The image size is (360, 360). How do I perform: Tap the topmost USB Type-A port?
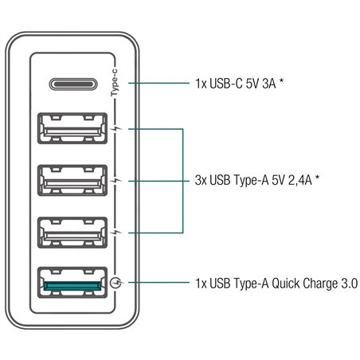[72, 128]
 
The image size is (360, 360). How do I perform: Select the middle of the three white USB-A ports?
[72, 180]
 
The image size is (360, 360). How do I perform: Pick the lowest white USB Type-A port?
[72, 232]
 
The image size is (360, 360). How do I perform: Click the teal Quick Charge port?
[72, 283]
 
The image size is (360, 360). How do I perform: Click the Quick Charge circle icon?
[117, 283]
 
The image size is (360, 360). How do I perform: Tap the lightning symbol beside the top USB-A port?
[117, 128]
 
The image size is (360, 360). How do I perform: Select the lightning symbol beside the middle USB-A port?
[117, 180]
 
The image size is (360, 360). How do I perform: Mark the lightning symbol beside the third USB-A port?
[117, 232]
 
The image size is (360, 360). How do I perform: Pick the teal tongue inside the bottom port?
[72, 284]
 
